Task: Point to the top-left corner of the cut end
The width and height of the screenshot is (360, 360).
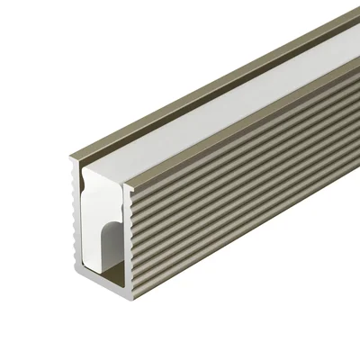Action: (71, 159)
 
